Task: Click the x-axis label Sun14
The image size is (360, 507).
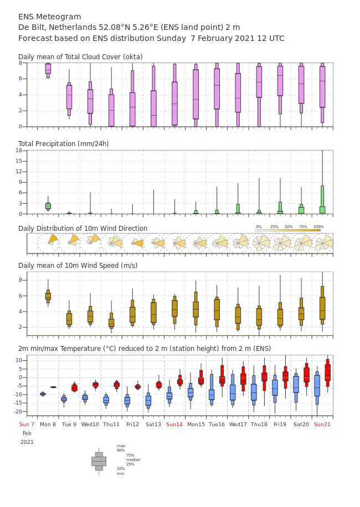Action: (x=174, y=424)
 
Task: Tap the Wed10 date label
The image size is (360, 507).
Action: (x=90, y=424)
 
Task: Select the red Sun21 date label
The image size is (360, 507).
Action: (x=322, y=424)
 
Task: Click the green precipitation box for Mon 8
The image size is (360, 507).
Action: (x=48, y=206)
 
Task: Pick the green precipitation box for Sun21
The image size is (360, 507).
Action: (x=322, y=200)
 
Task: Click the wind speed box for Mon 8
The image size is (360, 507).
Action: (x=48, y=296)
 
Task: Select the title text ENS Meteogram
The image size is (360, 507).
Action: (x=49, y=17)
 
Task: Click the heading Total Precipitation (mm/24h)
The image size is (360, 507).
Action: (x=63, y=143)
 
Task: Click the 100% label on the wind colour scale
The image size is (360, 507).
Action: (x=318, y=227)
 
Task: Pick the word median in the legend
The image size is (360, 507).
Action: (x=133, y=460)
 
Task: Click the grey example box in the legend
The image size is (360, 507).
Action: (x=99, y=462)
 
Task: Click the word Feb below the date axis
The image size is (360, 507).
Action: (x=27, y=433)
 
